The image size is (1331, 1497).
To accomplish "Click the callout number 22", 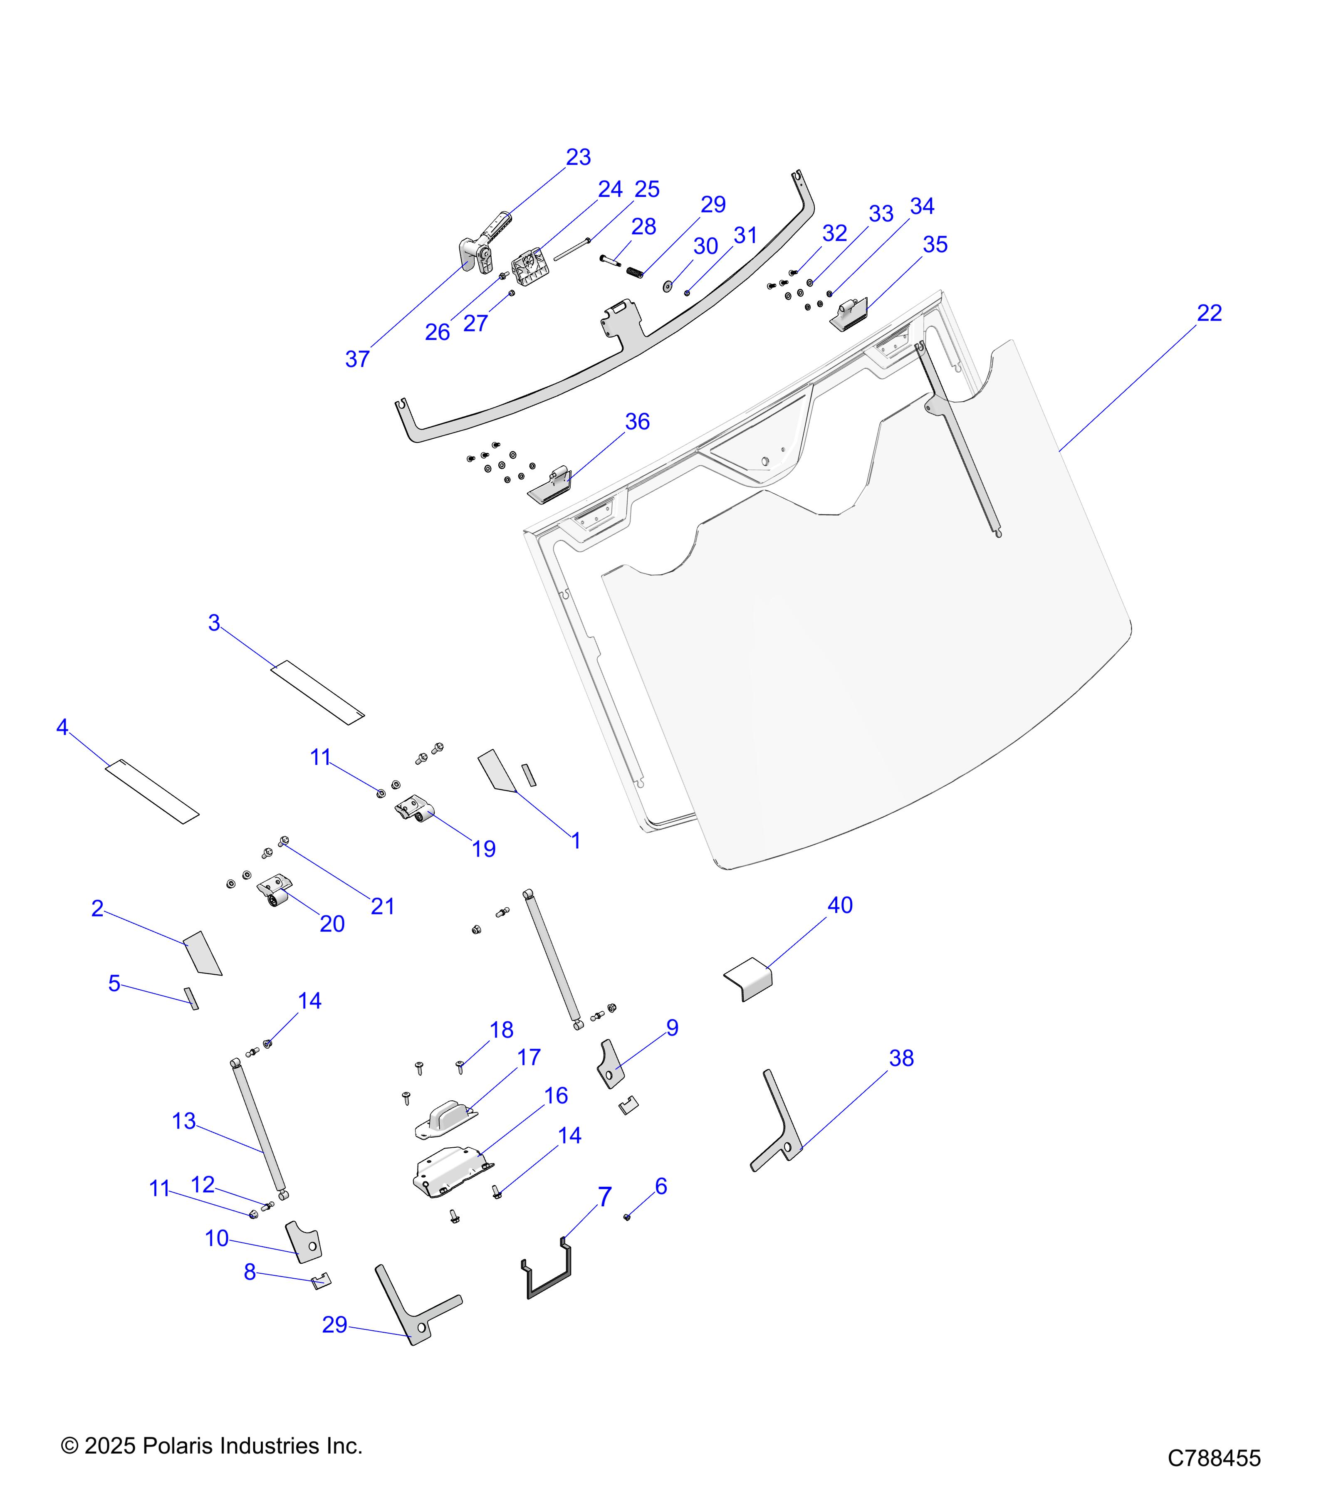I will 1210,314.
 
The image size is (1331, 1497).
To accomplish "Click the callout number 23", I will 578,158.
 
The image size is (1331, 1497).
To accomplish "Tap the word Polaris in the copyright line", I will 176,1446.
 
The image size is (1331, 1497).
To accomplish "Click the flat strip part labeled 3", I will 317,692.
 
